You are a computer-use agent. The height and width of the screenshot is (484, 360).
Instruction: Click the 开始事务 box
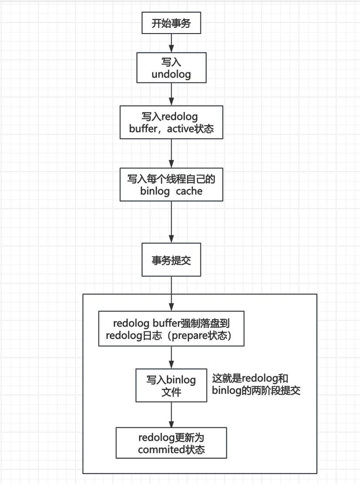[171, 24]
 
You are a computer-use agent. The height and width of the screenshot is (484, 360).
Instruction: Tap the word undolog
[171, 75]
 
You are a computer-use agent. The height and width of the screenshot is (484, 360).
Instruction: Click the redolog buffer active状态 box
[171, 123]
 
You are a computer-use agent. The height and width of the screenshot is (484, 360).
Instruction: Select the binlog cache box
[171, 185]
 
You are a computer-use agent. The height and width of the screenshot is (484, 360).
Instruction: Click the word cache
[189, 191]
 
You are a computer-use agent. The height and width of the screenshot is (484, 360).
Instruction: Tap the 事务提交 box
[171, 260]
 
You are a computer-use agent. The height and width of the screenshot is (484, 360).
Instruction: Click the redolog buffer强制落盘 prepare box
[171, 330]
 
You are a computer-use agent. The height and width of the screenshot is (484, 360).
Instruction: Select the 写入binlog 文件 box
[171, 385]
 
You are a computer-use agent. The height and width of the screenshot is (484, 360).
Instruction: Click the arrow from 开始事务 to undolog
[171, 43]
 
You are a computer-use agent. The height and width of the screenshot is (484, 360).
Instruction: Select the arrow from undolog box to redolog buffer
[171, 94]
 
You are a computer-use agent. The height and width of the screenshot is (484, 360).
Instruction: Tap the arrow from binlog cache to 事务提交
[171, 222]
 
